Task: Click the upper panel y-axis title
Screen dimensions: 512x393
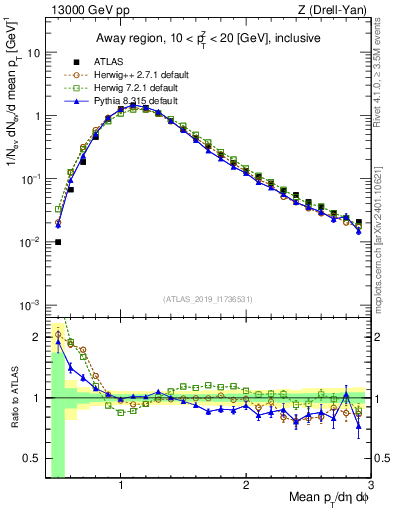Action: [13, 97]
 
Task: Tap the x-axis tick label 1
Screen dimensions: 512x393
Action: [121, 486]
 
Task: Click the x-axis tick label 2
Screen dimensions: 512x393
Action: [246, 486]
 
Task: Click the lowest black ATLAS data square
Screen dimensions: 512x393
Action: [58, 241]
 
